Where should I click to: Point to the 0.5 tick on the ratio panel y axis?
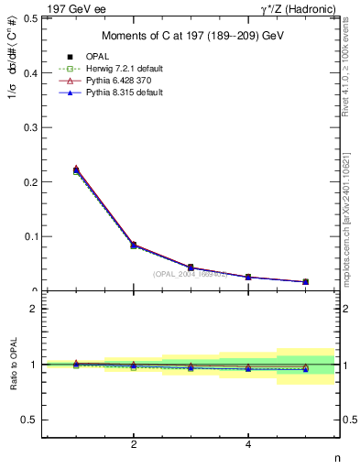coord(29,420)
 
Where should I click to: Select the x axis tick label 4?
coord(248,445)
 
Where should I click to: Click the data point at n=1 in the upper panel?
coord(76,170)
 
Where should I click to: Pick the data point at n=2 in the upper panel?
coord(134,245)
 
